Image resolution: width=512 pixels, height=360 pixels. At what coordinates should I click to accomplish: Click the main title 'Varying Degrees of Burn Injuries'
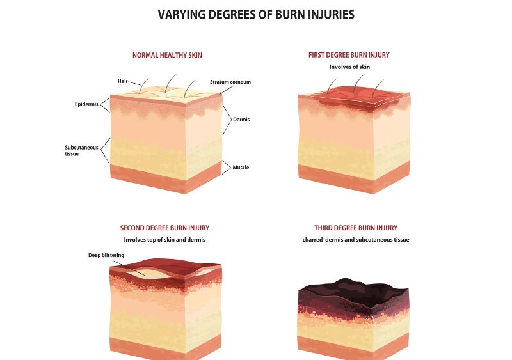coord(256,15)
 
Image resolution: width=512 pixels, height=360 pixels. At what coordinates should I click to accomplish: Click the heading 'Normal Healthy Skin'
coord(167,55)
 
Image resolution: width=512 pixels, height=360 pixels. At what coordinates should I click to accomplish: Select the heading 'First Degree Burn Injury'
coord(349,55)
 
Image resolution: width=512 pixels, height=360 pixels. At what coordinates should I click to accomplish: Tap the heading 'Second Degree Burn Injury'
coord(164,228)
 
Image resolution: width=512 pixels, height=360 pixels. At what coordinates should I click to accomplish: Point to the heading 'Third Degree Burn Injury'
coord(356,228)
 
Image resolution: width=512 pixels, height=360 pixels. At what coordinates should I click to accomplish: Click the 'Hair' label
coord(123,81)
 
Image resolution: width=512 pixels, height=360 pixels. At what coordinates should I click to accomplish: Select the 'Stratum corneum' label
coord(230,82)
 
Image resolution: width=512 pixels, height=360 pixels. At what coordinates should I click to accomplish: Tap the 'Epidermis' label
coord(86,104)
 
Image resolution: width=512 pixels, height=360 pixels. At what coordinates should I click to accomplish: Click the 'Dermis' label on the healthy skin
coord(241,120)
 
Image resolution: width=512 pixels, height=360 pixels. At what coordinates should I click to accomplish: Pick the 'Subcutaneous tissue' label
coord(81,150)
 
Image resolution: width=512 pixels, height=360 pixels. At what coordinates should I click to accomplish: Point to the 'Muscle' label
coord(241,168)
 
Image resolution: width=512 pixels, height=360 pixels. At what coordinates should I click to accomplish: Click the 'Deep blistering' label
coord(106,255)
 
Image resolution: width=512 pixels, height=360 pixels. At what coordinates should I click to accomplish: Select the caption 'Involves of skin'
coord(349,67)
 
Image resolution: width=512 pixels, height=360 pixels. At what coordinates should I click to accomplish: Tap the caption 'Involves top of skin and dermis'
coord(164,240)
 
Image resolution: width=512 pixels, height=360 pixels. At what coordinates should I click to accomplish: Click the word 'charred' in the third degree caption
coord(312,240)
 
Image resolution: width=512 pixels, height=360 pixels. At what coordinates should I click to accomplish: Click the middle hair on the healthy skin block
coord(170,84)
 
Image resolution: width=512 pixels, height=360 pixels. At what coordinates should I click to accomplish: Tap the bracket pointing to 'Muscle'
coord(227,168)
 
